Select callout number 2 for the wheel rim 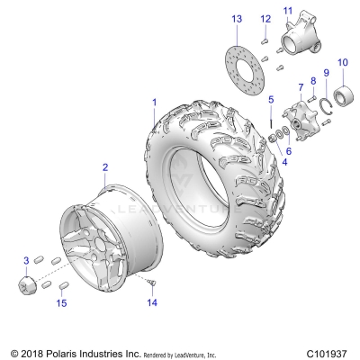point(105,167)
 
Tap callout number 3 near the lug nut point(26,260)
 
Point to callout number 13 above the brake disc point(236,19)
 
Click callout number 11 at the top point(288,11)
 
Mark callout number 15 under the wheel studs point(61,303)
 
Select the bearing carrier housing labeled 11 point(297,40)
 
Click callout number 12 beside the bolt point(265,19)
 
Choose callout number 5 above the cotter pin point(270,98)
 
